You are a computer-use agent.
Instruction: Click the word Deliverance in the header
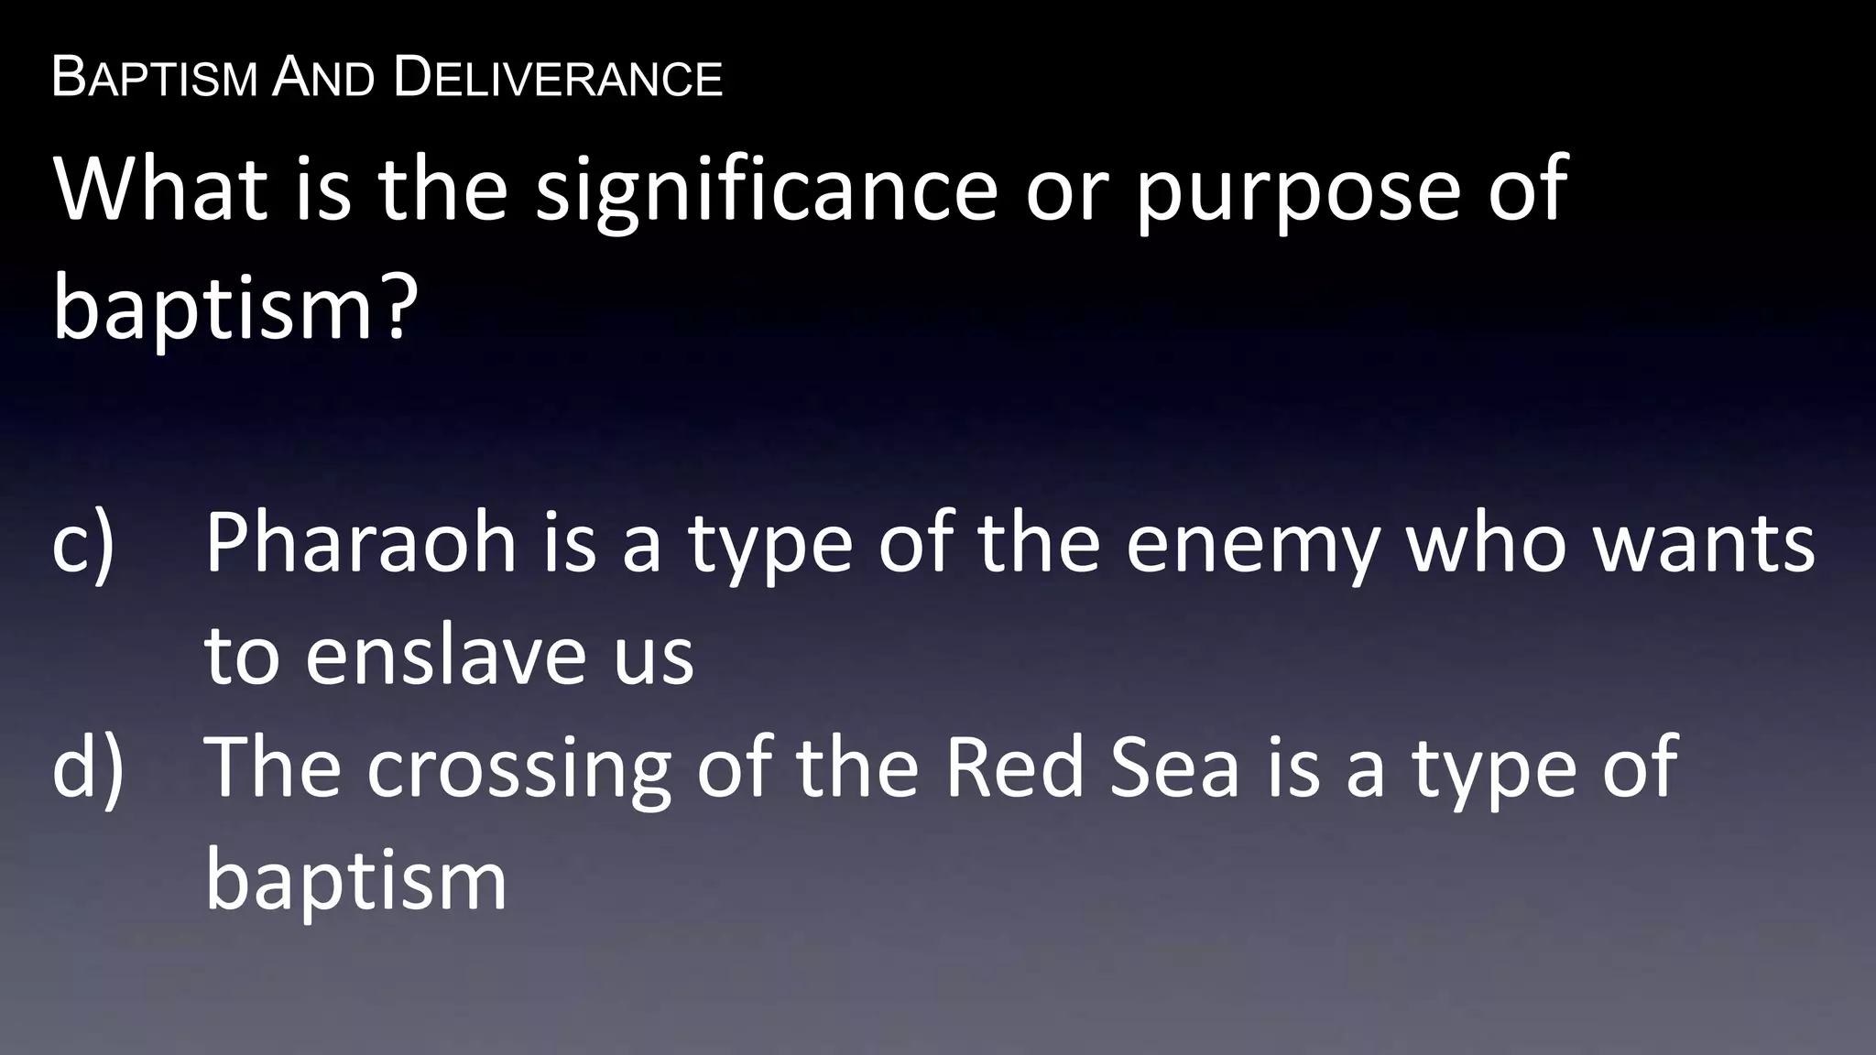(558, 77)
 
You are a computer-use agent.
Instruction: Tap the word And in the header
(323, 77)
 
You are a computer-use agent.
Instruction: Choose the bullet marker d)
(88, 769)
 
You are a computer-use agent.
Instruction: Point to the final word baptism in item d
(356, 880)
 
